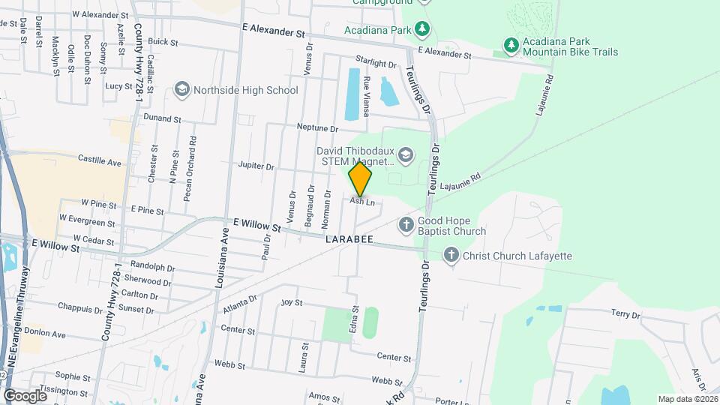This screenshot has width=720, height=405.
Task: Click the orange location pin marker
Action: (x=361, y=179)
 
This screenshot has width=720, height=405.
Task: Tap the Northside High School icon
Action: (x=181, y=90)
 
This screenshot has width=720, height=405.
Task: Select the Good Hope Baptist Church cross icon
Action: (x=406, y=224)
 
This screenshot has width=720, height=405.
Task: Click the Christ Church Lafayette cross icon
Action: (x=451, y=256)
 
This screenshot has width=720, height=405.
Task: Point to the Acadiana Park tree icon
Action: (x=423, y=29)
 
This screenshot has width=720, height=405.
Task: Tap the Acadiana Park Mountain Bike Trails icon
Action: (x=511, y=46)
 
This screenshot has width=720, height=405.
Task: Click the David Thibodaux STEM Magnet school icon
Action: (x=406, y=155)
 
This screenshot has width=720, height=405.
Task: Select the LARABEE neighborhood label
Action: (x=349, y=241)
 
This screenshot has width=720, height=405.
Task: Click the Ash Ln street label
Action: (x=362, y=202)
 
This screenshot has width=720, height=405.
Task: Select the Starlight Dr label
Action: (x=376, y=64)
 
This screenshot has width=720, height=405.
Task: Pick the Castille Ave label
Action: (x=100, y=161)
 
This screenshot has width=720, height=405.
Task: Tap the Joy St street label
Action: (x=291, y=303)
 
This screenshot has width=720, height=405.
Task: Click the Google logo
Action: (x=25, y=395)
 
